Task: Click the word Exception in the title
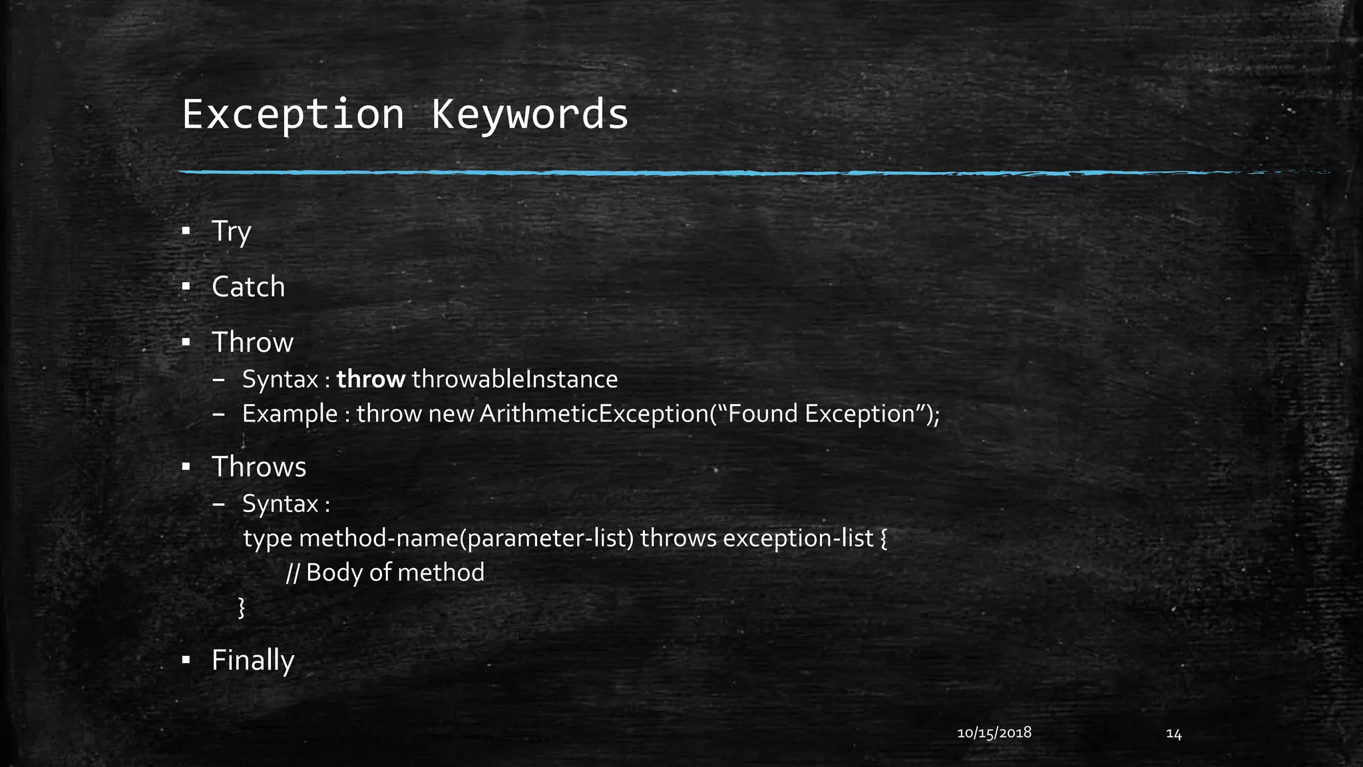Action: point(293,115)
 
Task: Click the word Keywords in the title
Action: point(530,115)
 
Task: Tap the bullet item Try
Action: point(231,232)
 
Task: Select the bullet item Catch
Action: point(248,287)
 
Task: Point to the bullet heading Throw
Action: point(252,342)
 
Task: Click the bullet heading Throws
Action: point(259,467)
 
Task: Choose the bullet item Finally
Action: point(253,660)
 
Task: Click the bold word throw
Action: point(371,380)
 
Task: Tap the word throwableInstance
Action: point(514,380)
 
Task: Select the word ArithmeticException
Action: point(594,414)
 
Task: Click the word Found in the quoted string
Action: point(763,414)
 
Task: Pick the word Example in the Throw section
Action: point(290,414)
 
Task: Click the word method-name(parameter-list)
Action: point(466,538)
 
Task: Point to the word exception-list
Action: point(797,538)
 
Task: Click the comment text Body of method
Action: point(395,573)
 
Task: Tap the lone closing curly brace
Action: point(242,607)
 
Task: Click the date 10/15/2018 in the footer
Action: point(994,733)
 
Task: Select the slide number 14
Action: point(1173,734)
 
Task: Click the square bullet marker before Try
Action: point(186,231)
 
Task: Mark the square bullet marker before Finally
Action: point(186,660)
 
